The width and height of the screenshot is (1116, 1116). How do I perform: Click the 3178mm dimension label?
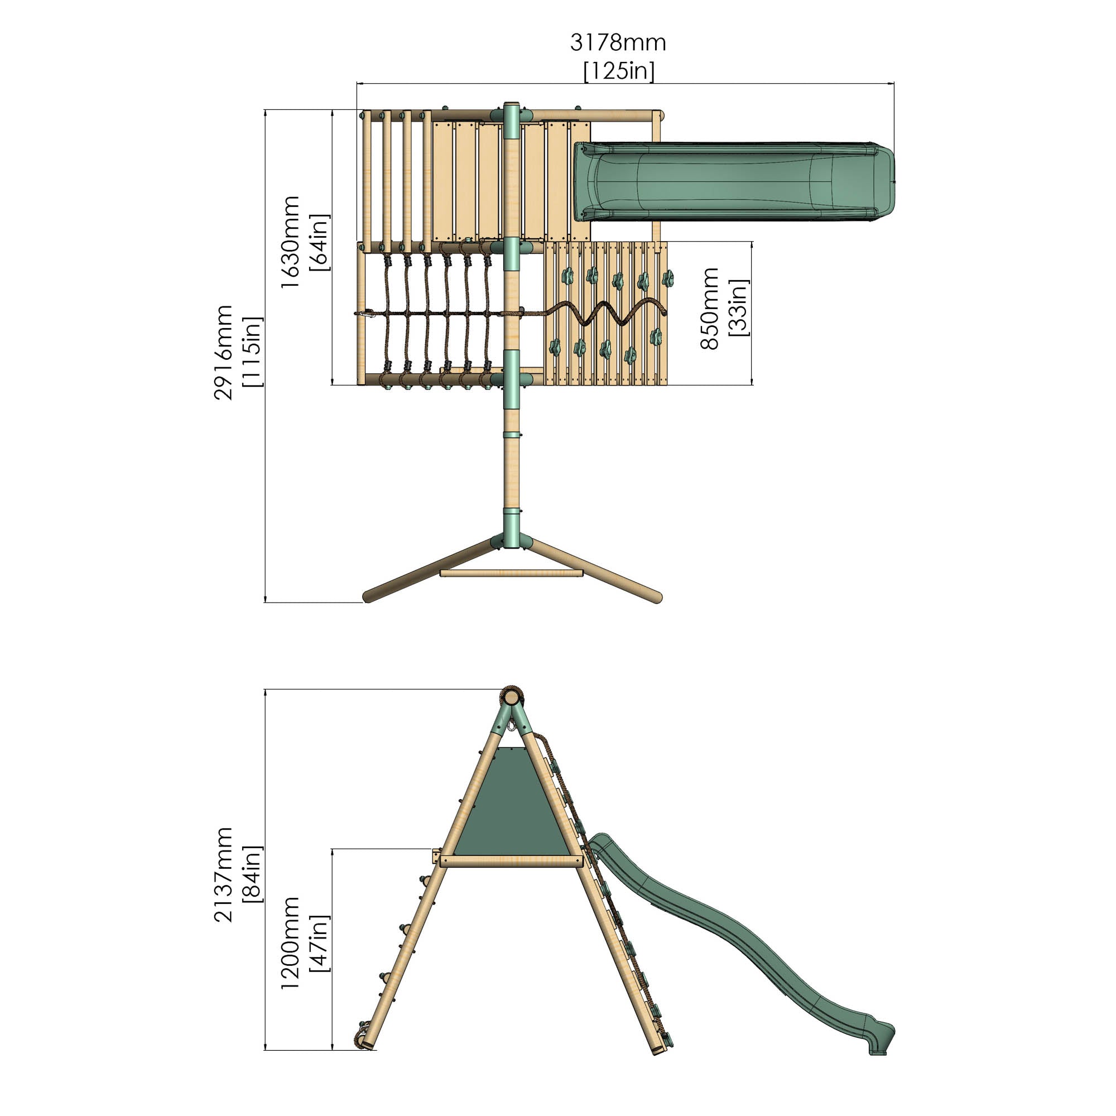click(x=618, y=44)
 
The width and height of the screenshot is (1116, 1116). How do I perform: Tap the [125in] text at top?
click(x=619, y=71)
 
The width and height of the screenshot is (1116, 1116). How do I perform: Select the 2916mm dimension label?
click(x=223, y=352)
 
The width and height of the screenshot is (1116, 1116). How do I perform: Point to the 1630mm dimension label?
click(x=290, y=242)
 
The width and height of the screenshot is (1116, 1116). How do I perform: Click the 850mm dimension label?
click(x=709, y=309)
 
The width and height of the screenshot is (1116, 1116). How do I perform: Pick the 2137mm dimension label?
click(x=223, y=874)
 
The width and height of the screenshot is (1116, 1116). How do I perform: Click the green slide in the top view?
click(x=734, y=182)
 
